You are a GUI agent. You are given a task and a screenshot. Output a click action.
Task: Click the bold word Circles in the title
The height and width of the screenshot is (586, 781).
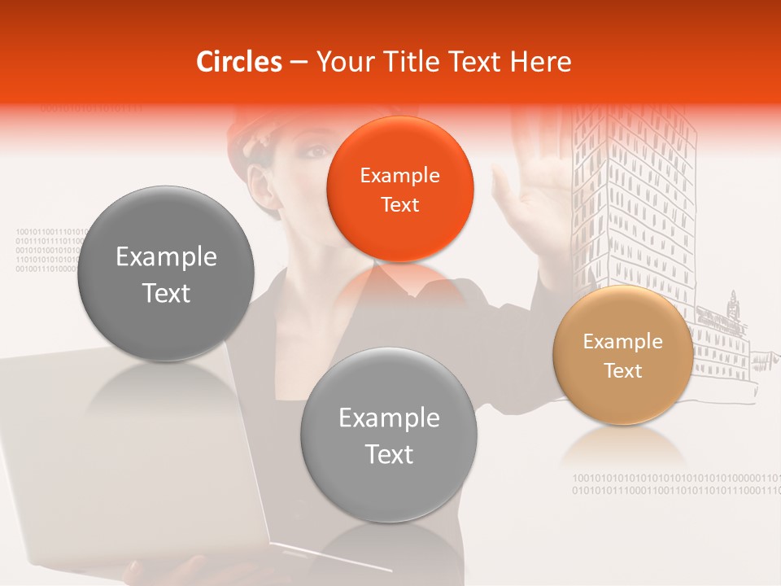click(x=239, y=62)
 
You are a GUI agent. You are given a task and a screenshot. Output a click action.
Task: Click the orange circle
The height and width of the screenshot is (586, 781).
click(x=399, y=189)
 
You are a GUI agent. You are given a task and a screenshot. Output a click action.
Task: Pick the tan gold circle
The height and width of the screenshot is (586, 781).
click(x=623, y=355)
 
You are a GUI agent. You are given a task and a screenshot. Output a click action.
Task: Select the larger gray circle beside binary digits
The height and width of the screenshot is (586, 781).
click(x=166, y=273)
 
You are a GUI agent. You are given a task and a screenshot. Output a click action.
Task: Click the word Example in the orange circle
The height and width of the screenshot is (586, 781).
click(x=399, y=175)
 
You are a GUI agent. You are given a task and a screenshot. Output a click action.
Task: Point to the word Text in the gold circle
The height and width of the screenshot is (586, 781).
click(x=623, y=371)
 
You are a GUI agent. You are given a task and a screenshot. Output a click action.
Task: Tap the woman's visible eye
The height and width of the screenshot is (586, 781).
click(x=299, y=152)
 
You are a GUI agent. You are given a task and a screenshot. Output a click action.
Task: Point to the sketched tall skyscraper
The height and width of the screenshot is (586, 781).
click(x=635, y=203)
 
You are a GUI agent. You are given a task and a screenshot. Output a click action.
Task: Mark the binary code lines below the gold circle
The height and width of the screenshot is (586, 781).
click(x=675, y=484)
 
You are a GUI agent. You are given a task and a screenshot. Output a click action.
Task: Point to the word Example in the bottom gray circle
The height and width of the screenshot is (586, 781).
click(x=389, y=418)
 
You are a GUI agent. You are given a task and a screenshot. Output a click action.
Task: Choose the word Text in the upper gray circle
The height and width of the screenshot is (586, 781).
click(x=166, y=293)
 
